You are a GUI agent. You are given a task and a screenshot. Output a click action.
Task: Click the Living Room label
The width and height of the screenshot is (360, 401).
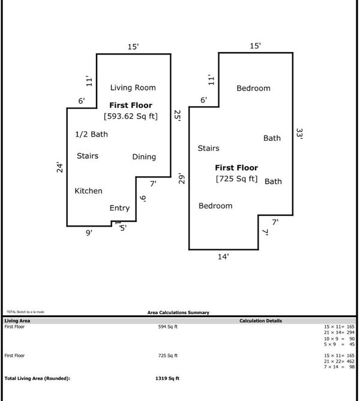(x=133, y=88)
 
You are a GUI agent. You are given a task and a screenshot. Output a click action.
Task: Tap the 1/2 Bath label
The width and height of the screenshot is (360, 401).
(x=91, y=134)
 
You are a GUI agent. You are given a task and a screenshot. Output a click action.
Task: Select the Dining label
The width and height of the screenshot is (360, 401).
(x=144, y=157)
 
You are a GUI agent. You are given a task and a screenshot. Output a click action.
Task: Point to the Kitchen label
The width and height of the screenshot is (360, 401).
(x=88, y=191)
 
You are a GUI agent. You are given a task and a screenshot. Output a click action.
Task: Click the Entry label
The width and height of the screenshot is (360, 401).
(x=119, y=208)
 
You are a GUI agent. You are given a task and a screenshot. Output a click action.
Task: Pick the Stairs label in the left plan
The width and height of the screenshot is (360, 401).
(x=88, y=156)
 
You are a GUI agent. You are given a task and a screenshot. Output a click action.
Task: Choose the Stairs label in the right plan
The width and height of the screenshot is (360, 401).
(x=208, y=149)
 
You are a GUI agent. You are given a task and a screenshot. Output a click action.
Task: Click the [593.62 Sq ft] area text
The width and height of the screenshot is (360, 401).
(x=131, y=116)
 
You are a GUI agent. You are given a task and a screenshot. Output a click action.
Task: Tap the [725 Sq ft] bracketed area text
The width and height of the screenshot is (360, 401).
(x=236, y=179)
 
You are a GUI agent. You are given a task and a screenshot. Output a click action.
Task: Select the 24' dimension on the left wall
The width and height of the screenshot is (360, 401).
(x=59, y=167)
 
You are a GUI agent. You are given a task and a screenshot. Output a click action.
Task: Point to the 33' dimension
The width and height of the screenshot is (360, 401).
(x=299, y=133)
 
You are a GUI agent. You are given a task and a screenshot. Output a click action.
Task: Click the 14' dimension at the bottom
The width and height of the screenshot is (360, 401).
(x=223, y=257)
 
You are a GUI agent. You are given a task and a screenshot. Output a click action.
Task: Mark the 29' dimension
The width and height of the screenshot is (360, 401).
(x=182, y=178)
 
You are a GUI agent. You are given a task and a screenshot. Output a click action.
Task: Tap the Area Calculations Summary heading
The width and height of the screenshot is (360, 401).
(x=178, y=312)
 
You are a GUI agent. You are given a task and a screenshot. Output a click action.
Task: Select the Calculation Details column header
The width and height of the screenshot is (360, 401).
(x=260, y=321)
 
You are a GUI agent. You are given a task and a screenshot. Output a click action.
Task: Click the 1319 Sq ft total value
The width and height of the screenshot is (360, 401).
(x=167, y=378)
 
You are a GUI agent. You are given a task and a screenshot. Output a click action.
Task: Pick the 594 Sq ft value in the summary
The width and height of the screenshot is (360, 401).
(x=167, y=327)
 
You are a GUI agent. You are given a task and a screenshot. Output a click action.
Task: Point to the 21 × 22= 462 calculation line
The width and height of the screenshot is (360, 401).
(x=339, y=361)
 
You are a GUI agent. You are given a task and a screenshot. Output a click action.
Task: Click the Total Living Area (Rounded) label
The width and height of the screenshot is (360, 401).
(x=37, y=378)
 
